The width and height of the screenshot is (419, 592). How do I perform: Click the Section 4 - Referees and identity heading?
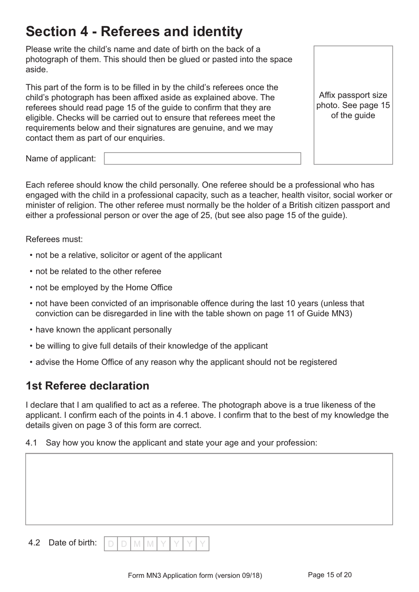134,31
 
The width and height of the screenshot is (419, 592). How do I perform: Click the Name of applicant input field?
202,158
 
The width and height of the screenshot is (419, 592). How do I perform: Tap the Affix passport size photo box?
353,105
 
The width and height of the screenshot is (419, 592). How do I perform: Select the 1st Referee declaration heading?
87,386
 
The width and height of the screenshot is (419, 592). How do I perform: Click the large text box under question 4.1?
209,489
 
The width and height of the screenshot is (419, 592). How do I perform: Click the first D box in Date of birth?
111,544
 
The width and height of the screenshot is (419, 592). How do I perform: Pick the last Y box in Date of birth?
202,544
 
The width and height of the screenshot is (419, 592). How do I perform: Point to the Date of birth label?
73,543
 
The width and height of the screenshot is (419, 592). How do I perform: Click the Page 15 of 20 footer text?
330,575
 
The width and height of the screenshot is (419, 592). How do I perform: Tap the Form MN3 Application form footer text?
195,575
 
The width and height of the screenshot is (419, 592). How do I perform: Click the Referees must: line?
54,239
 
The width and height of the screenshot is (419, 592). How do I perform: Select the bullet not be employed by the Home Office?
104,288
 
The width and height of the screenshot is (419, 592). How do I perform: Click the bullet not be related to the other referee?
98,271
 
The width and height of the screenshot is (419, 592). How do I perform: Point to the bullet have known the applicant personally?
103,330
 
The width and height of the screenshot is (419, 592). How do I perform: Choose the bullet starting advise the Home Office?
186,362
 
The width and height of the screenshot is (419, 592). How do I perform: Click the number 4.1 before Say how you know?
31,442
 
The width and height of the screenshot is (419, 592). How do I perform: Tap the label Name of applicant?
61,158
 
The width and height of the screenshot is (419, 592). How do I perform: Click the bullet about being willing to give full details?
151,346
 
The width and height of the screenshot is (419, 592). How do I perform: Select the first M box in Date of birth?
137,544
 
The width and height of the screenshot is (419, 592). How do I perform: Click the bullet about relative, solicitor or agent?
128,255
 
